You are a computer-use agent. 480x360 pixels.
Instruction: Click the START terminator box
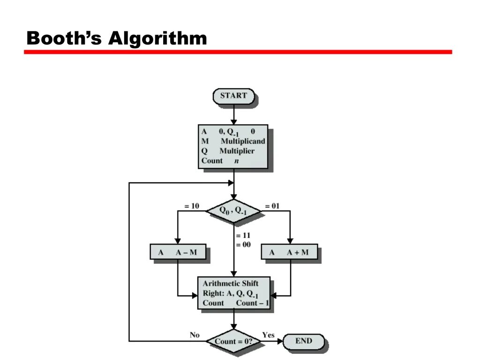coord(233,96)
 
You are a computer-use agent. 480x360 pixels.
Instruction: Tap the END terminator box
coord(304,341)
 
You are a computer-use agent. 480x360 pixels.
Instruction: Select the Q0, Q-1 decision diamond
coord(233,211)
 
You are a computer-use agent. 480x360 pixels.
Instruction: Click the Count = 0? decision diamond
coord(233,341)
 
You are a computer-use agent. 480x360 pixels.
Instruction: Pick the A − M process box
coord(178,252)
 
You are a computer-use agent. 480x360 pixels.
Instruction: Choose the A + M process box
coord(289,252)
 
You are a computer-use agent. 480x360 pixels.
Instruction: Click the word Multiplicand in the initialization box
coord(243,141)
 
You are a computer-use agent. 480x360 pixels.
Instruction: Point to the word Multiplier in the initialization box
coord(237,151)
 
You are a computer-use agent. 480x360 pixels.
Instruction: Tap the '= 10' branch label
coord(192,206)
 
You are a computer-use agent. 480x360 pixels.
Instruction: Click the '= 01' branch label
coord(272,206)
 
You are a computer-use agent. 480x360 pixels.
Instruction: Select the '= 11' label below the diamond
coord(244,235)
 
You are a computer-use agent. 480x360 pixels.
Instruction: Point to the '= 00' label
coord(244,244)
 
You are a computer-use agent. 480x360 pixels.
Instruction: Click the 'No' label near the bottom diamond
coord(195,335)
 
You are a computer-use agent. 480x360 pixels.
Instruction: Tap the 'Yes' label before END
coord(268,335)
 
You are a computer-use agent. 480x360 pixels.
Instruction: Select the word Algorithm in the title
coord(157,38)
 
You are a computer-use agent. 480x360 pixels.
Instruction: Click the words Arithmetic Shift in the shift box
coord(230,283)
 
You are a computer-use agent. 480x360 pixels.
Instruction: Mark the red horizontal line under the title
coord(238,52)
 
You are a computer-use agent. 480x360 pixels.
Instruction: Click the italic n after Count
coord(237,161)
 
